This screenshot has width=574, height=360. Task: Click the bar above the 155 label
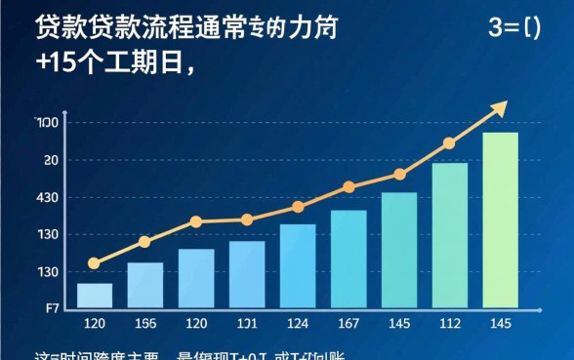click(145, 285)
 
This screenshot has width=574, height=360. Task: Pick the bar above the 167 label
click(348, 259)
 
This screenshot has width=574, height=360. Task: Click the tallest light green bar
click(500, 220)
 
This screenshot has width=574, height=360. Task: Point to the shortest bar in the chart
click(95, 296)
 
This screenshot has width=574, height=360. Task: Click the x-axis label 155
click(145, 323)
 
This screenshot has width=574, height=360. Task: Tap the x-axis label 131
click(247, 323)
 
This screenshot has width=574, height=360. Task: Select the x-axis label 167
click(348, 323)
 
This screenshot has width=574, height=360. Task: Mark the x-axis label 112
click(450, 323)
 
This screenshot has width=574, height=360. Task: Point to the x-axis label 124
click(298, 323)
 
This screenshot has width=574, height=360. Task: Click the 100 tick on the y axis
click(47, 122)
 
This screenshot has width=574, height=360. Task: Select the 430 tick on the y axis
click(47, 198)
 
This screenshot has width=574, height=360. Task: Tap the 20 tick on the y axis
click(51, 160)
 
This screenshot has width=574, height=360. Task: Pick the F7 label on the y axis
click(53, 308)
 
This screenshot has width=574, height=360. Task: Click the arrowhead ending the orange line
click(499, 108)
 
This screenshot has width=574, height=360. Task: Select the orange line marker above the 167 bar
click(348, 186)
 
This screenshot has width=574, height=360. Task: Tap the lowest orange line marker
click(94, 263)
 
